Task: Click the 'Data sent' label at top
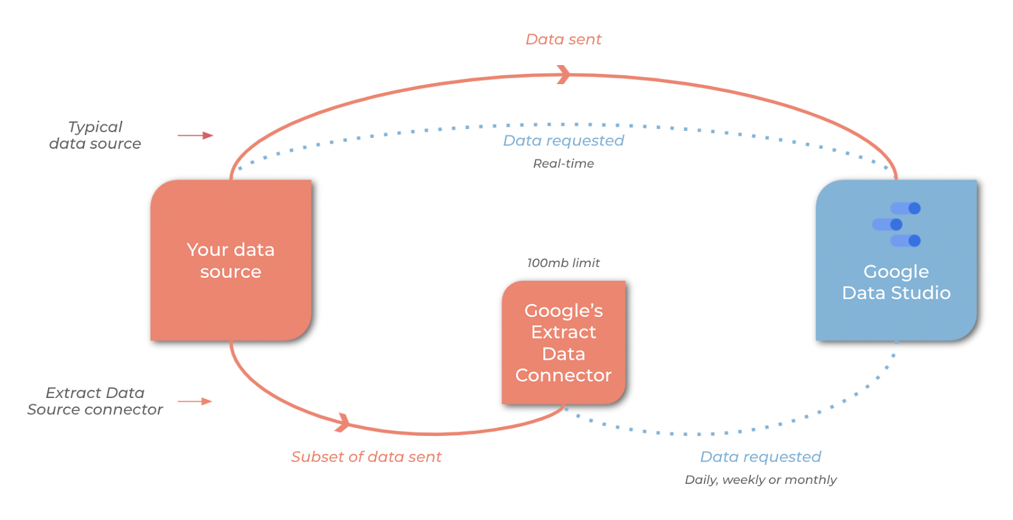(x=563, y=39)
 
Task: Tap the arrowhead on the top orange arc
(x=563, y=75)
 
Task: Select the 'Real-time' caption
(x=563, y=164)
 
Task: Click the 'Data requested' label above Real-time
(x=563, y=140)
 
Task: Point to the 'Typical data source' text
(x=95, y=135)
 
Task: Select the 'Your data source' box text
(x=230, y=261)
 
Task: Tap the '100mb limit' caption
(x=563, y=263)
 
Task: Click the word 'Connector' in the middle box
(x=563, y=376)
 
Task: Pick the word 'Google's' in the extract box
(x=563, y=311)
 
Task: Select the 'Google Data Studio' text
(x=896, y=282)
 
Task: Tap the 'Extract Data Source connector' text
(x=95, y=401)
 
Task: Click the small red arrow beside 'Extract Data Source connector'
(x=194, y=401)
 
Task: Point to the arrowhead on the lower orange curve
(x=343, y=422)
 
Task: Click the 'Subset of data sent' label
(x=366, y=457)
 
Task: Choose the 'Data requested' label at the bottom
(x=760, y=457)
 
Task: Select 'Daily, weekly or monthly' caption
(x=760, y=480)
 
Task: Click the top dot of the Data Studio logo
(x=914, y=208)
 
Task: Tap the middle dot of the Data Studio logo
(x=896, y=225)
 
